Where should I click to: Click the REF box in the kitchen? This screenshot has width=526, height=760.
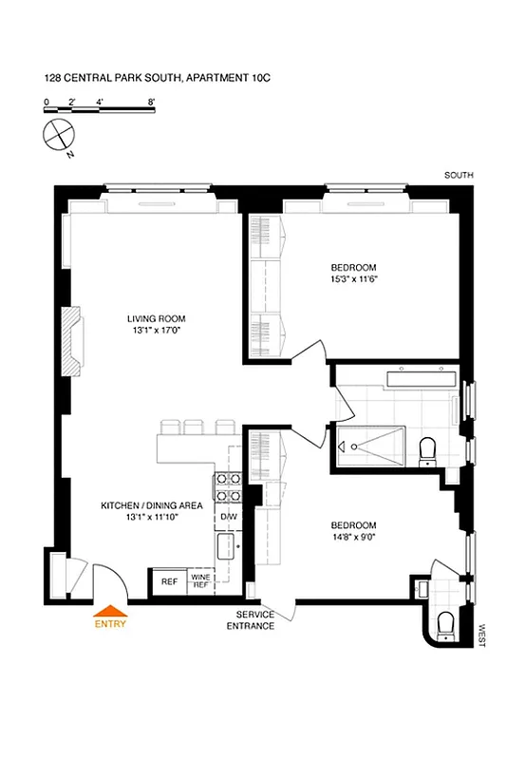pyautogui.click(x=169, y=581)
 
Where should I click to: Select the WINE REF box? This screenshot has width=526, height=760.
pyautogui.click(x=200, y=581)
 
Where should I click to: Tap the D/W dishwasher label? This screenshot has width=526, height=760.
pyautogui.click(x=229, y=516)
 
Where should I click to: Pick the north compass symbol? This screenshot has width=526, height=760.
pyautogui.click(x=58, y=134)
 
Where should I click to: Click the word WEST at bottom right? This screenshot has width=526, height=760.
pyautogui.click(x=482, y=636)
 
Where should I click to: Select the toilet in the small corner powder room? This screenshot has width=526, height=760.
pyautogui.click(x=444, y=623)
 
